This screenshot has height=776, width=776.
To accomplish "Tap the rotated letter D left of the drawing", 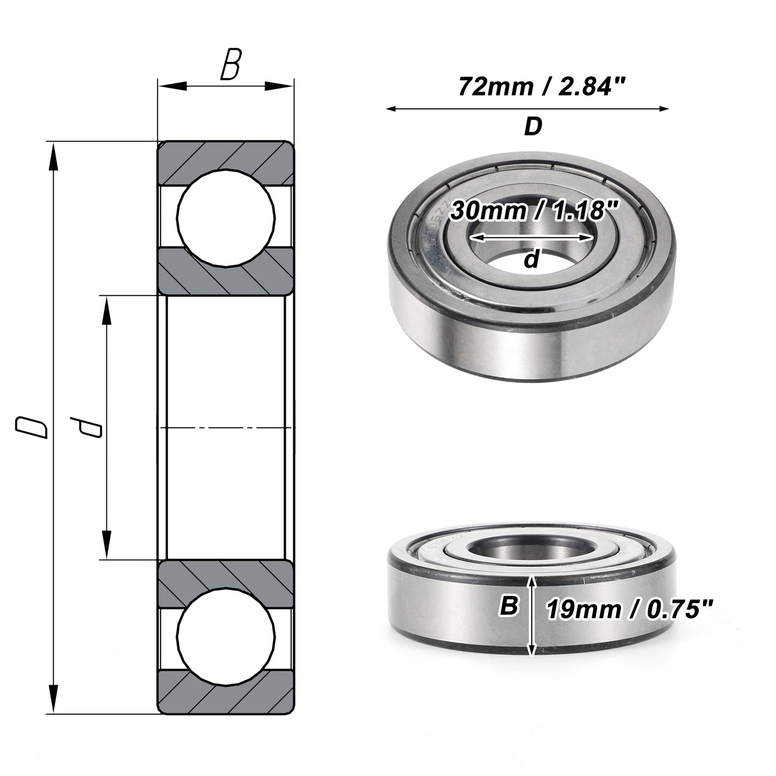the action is coord(32,427).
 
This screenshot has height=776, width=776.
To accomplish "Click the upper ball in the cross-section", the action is coord(226,218).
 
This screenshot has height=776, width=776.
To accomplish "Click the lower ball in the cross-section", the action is coord(226,639).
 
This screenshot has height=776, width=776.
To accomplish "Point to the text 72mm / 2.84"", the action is coord(542,86).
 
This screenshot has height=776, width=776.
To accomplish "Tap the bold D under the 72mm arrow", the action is coord(533,126).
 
